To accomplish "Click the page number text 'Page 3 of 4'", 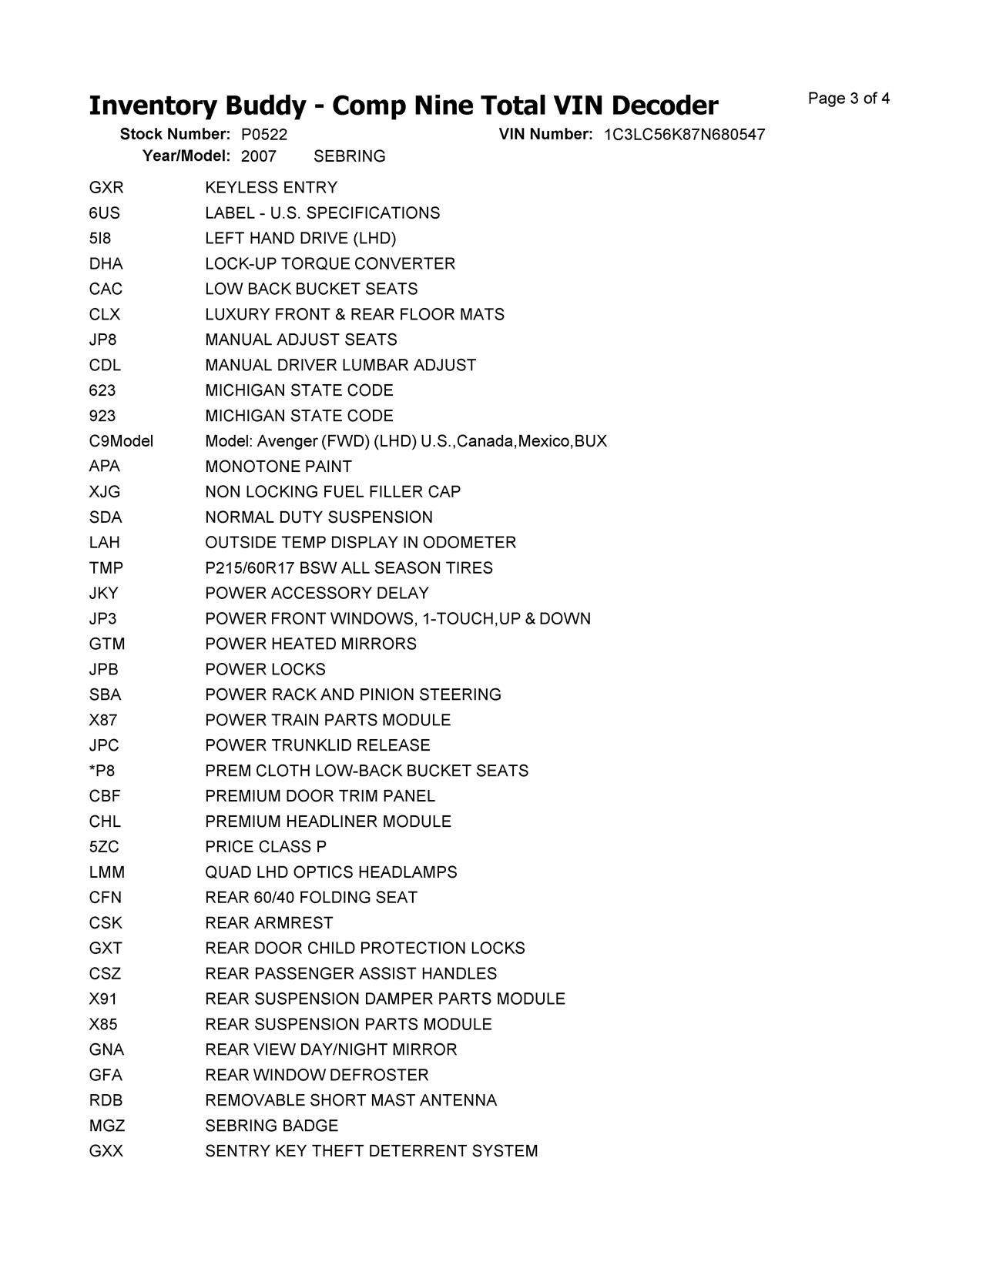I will pos(848,99).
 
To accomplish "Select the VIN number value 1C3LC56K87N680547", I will pos(684,135).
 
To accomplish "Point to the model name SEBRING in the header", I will pos(349,156).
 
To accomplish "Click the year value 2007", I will pos(258,156).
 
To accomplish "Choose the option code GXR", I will pos(106,188).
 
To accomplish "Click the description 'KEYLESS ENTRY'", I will pos(271,188).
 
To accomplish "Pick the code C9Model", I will pos(121,441).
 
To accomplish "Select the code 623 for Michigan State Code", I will pos(102,390).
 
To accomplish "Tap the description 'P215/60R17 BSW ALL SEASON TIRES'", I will pos(348,568).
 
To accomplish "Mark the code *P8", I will pos(102,771).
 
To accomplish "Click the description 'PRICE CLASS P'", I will pos(266,847).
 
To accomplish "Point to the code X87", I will pos(102,720).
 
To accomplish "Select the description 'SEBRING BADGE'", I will pos(271,1126).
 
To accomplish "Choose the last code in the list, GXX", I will pos(106,1151).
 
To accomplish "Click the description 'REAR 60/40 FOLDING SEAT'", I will pos(310,898).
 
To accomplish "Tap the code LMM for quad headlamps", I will pos(106,872).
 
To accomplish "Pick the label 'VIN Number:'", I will pos(545,135).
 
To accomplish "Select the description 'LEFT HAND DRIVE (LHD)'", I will pos(300,239).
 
